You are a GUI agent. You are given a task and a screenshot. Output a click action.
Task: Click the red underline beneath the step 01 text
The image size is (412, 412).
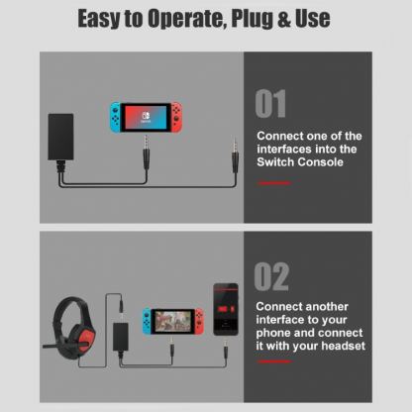pyautogui.click(x=273, y=183)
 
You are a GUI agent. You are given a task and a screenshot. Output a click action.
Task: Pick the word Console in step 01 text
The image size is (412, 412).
pyautogui.click(x=318, y=161)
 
